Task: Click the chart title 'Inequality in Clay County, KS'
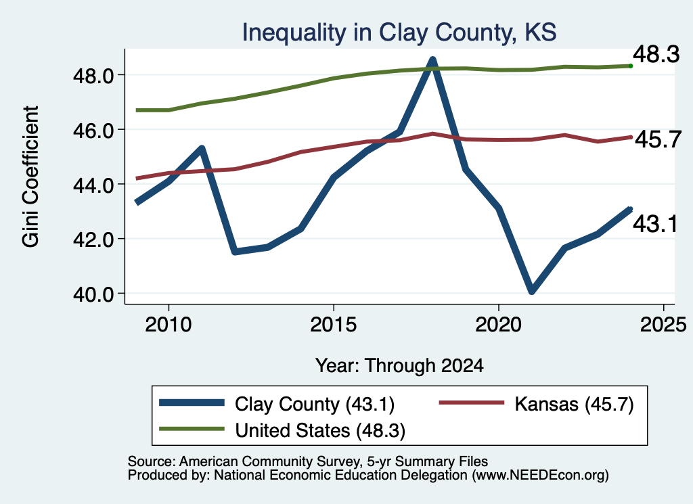point(399,32)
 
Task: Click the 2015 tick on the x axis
point(333,325)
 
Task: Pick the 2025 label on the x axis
point(663,325)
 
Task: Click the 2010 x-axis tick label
point(169,325)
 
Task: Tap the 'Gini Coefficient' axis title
point(30,177)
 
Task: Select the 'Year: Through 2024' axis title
point(399,366)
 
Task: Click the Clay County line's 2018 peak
point(432,60)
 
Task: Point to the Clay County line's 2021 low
point(532,290)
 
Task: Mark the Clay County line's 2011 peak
point(202,148)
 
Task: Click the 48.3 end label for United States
point(656,55)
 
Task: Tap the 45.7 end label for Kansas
point(658,139)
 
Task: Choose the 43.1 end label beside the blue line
point(655,224)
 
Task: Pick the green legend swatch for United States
point(192,429)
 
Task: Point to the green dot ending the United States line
point(631,66)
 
